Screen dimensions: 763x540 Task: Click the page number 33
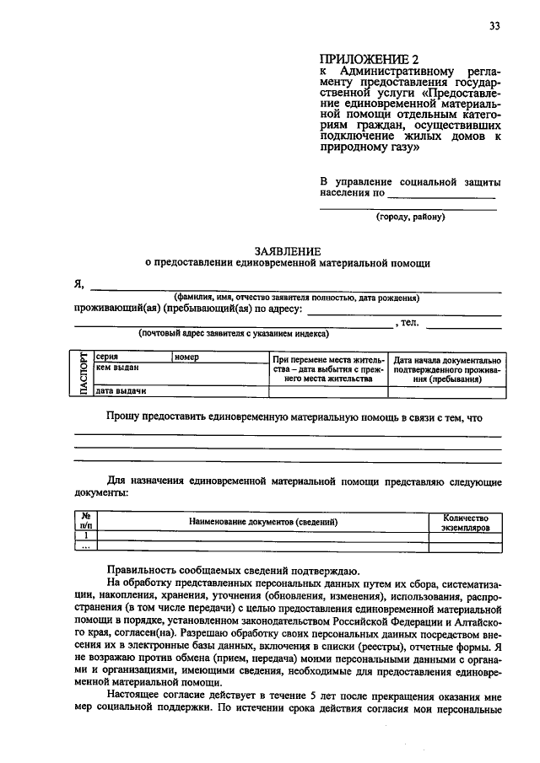click(494, 25)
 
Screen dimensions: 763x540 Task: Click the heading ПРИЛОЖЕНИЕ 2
click(369, 59)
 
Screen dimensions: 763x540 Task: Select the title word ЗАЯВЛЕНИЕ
click(288, 250)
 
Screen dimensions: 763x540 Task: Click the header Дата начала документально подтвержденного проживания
click(447, 368)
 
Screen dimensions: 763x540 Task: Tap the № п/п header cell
click(85, 522)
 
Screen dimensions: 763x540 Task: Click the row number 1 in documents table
click(85, 535)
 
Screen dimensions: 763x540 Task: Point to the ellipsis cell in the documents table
click(85, 546)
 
